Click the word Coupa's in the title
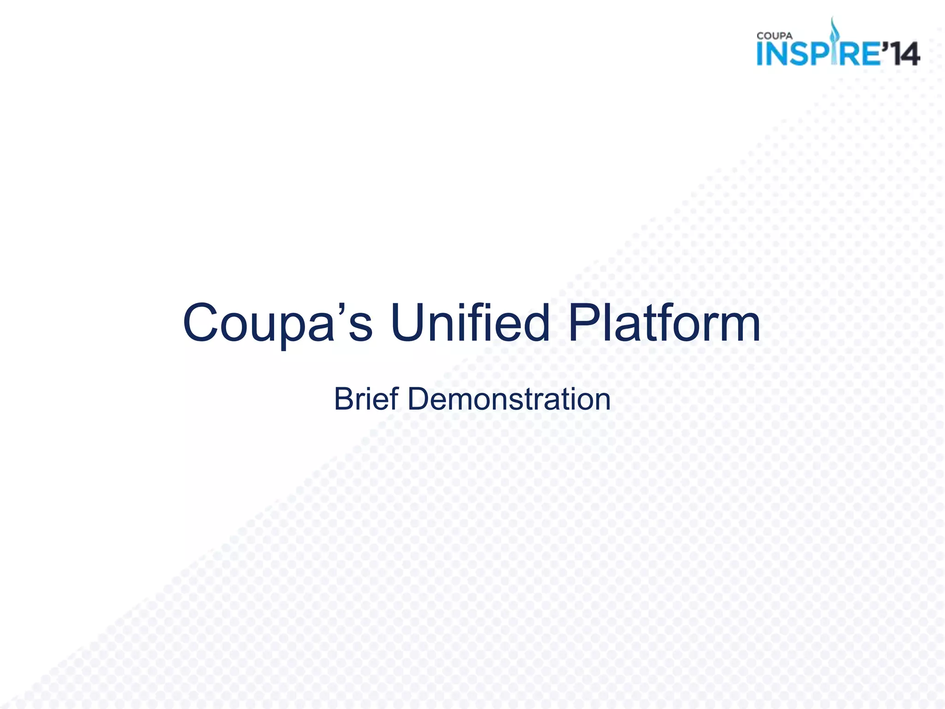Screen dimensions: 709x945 tap(277, 323)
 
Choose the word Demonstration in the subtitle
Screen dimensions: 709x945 tap(509, 399)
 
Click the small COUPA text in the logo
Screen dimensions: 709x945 tap(775, 36)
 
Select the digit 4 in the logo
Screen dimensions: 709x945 tap(909, 54)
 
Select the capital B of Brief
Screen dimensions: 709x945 tap(345, 399)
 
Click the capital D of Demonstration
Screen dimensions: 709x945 tap(419, 399)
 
